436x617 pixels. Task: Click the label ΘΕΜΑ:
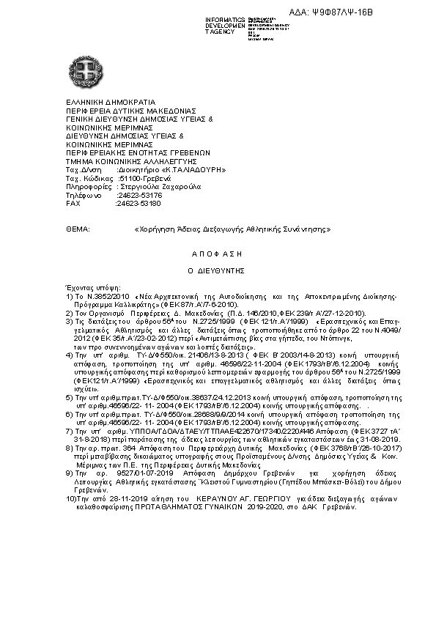click(x=77, y=229)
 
